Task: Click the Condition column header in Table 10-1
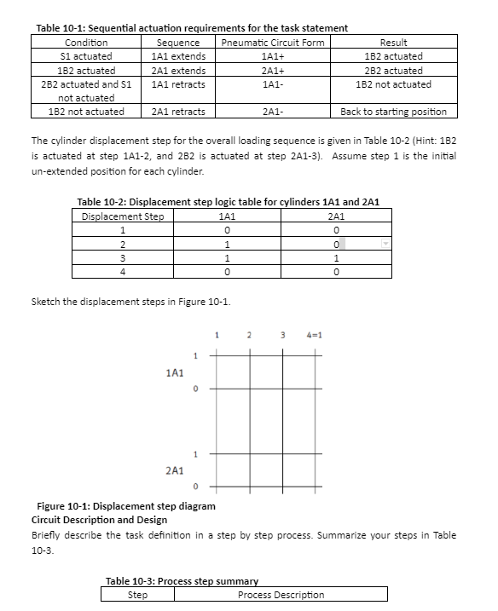click(86, 43)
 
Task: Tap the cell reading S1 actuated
click(86, 56)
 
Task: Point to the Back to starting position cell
click(393, 112)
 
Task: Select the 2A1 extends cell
click(177, 70)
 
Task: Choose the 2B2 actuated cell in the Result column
click(393, 70)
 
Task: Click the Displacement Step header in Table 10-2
click(123, 216)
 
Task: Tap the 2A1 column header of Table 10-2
click(339, 216)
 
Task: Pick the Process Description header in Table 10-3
click(281, 594)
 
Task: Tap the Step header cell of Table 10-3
click(137, 594)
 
